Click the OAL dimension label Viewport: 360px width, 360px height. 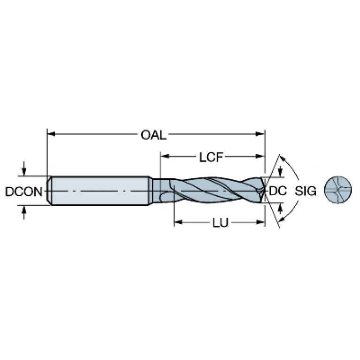(x=153, y=135)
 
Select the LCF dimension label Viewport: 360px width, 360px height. (x=211, y=158)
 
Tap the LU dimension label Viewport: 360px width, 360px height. (x=221, y=222)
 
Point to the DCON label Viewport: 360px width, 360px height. (x=24, y=191)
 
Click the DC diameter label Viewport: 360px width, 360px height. (x=278, y=191)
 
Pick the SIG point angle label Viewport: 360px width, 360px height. (x=306, y=191)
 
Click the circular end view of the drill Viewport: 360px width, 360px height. (x=338, y=191)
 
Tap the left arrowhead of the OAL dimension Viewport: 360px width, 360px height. (x=51, y=134)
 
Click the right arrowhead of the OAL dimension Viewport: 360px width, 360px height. (x=260, y=134)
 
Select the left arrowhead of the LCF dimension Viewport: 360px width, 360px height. (x=165, y=156)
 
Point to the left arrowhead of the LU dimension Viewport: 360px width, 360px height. (x=178, y=222)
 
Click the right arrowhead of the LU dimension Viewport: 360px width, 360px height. (x=260, y=222)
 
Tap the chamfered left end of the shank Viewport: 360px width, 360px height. (x=49, y=191)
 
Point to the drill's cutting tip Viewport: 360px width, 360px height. (x=265, y=190)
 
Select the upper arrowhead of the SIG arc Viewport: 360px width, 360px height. (x=283, y=159)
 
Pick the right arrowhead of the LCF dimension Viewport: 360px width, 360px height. (x=260, y=156)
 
